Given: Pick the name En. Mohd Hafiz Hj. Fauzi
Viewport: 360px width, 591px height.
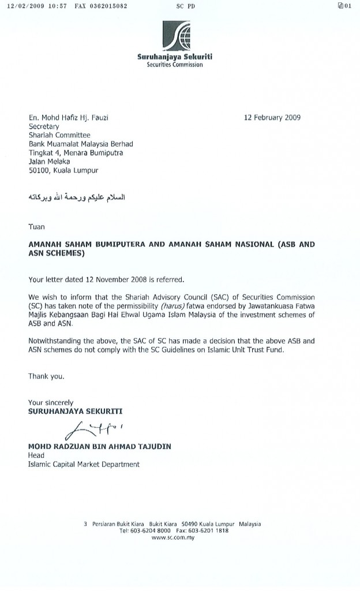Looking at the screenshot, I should [x=69, y=118].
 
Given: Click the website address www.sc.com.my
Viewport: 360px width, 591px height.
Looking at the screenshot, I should [x=172, y=537].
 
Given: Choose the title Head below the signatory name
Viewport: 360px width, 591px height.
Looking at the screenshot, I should [x=36, y=455].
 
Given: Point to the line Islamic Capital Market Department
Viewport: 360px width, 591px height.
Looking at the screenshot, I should [x=84, y=463].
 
